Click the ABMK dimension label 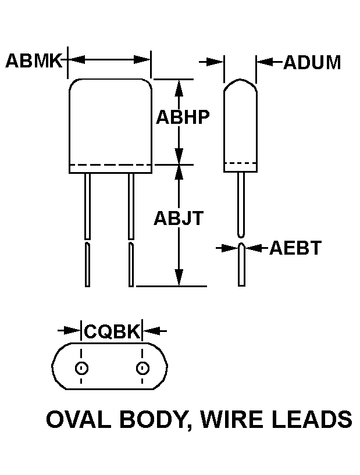tap(34, 60)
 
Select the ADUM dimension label tap(312, 62)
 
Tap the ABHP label tap(182, 117)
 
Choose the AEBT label tap(295, 248)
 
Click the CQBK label tap(112, 331)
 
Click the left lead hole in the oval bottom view tap(81, 368)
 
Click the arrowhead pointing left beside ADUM tap(263, 61)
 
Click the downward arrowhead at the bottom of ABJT tap(180, 278)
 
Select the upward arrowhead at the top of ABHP tap(180, 87)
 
